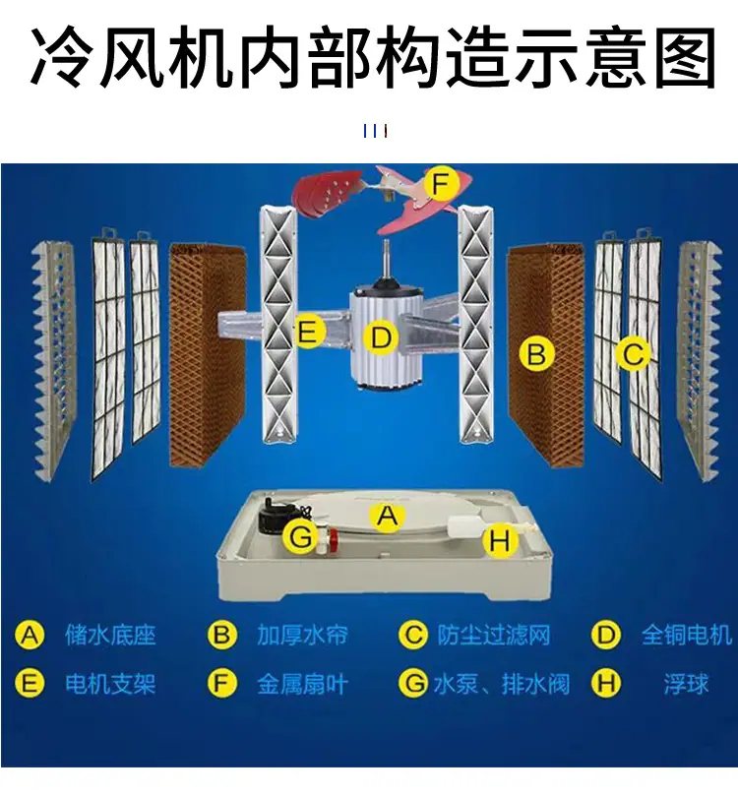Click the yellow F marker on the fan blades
click(x=441, y=184)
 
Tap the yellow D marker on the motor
click(x=381, y=337)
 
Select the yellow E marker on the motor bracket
click(x=309, y=332)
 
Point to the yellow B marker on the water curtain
click(x=536, y=353)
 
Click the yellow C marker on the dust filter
click(x=633, y=353)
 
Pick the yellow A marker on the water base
click(x=388, y=517)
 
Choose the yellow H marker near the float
click(x=500, y=540)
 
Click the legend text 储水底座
click(x=110, y=635)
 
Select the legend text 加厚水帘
click(x=302, y=635)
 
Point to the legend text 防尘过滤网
click(x=494, y=635)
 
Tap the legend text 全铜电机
click(x=686, y=635)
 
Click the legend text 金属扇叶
click(x=302, y=684)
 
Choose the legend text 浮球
click(x=686, y=684)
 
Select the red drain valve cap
click(x=333, y=535)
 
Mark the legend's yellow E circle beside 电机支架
click(x=30, y=684)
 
